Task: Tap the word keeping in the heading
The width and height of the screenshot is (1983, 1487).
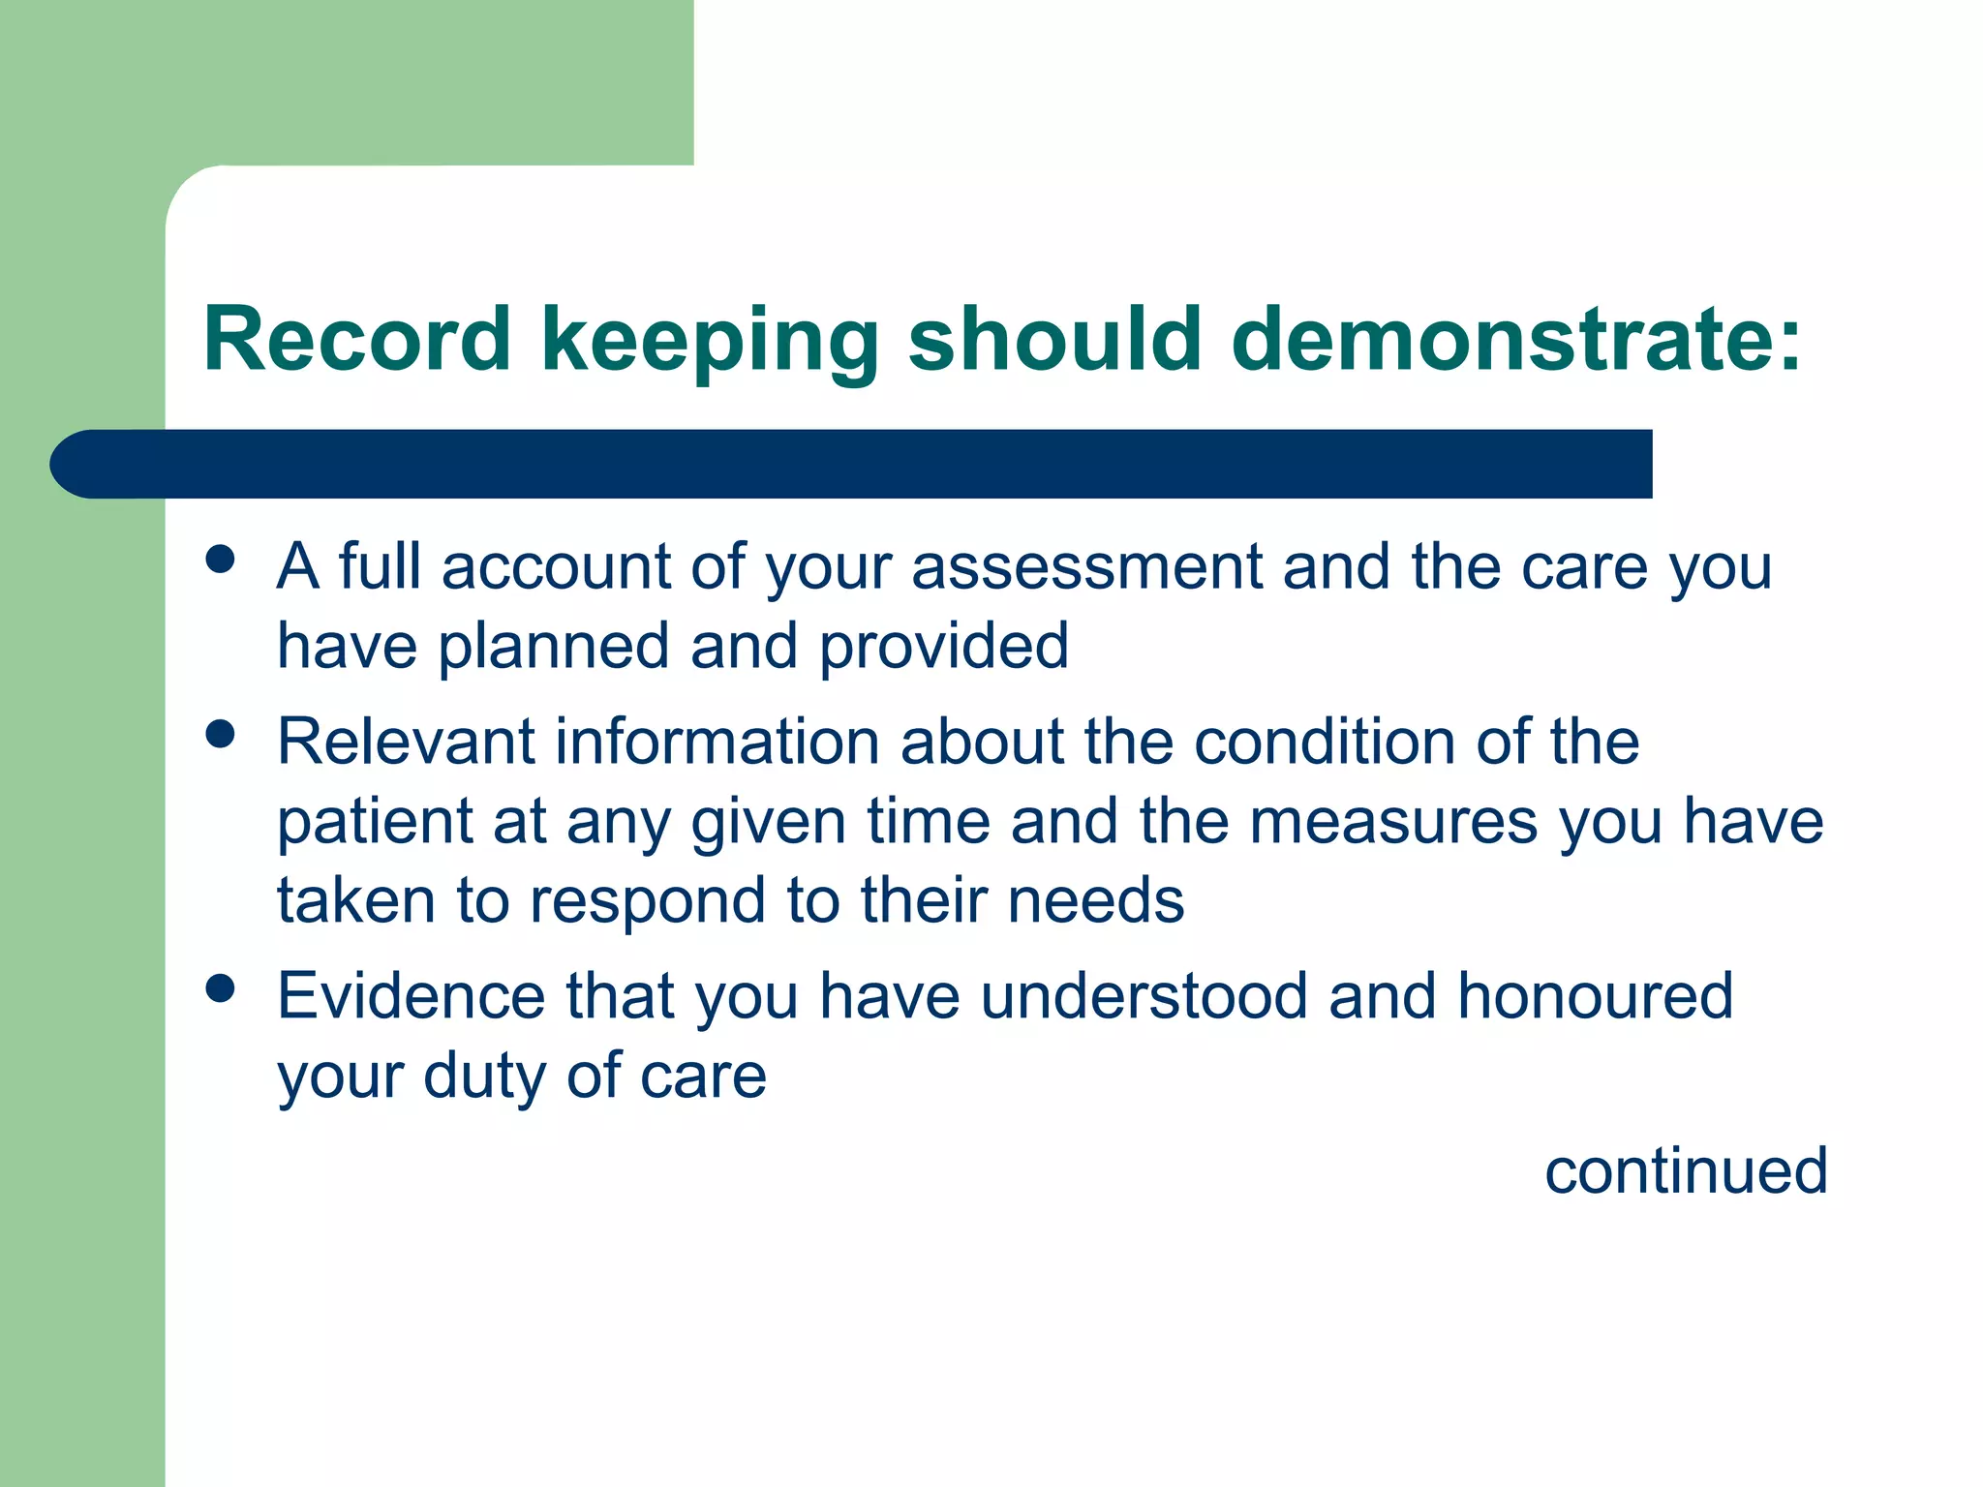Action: click(710, 341)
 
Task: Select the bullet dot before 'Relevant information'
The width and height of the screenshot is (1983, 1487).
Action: click(221, 734)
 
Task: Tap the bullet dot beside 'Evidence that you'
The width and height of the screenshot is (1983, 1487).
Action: click(221, 988)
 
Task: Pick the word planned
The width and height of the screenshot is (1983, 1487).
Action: click(553, 647)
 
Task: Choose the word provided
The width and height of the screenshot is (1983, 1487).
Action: click(944, 646)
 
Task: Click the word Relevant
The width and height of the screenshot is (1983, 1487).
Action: click(406, 742)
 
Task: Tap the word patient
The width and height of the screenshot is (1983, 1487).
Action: click(374, 823)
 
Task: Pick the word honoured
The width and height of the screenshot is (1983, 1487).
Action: click(1595, 996)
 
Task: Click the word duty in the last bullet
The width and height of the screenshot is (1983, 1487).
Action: click(482, 1077)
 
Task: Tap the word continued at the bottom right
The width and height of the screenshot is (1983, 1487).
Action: click(1685, 1171)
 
